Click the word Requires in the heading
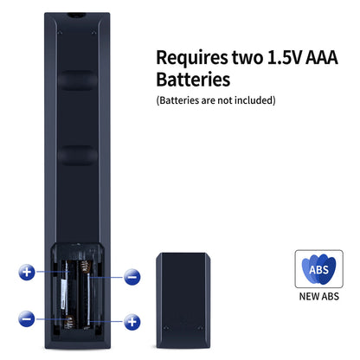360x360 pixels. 192,58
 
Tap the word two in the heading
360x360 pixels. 247,57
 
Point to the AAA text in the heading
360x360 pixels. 321,57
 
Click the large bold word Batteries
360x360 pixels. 193,80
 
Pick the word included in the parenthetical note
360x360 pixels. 255,100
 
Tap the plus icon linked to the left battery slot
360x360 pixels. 27,272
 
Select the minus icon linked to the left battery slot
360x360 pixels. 27,318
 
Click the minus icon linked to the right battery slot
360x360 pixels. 132,277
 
